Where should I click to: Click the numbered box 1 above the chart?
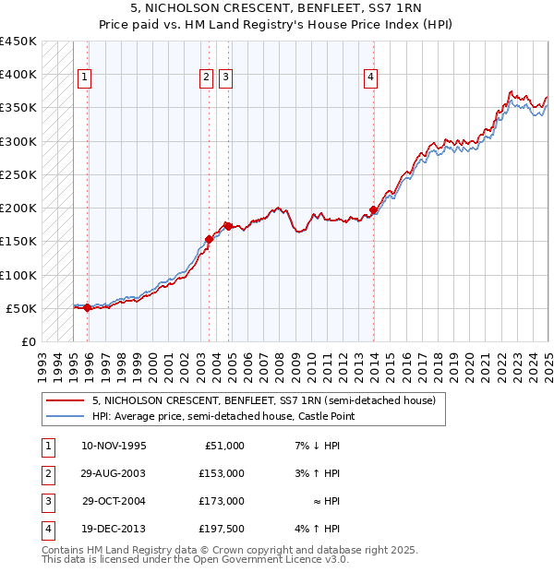point(84,78)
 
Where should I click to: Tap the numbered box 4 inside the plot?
point(370,78)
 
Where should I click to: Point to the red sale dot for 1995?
point(87,308)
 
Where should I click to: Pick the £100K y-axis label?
point(18,275)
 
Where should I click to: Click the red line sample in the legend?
point(65,400)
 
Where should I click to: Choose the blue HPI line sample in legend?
point(65,416)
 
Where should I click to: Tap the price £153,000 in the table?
point(222,473)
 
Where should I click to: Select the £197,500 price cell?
point(222,529)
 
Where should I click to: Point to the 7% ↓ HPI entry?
point(317,446)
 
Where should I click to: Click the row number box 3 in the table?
point(46,501)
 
